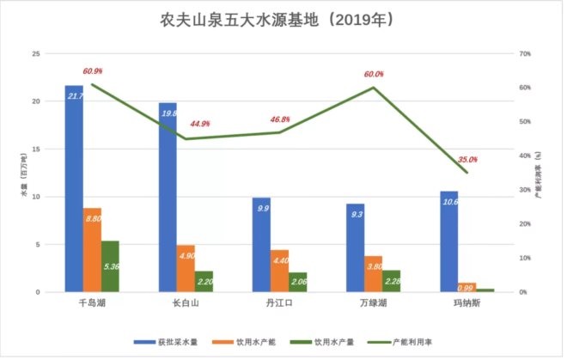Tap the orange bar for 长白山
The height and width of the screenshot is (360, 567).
click(186, 269)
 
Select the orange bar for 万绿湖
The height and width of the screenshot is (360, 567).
click(374, 274)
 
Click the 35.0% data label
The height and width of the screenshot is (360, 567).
click(468, 160)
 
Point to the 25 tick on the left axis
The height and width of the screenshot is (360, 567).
click(36, 54)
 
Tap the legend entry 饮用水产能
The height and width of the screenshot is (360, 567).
click(253, 342)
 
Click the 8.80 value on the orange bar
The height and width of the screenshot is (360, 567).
click(93, 220)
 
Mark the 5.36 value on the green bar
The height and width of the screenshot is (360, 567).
click(111, 267)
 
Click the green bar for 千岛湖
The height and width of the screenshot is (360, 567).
click(111, 266)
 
